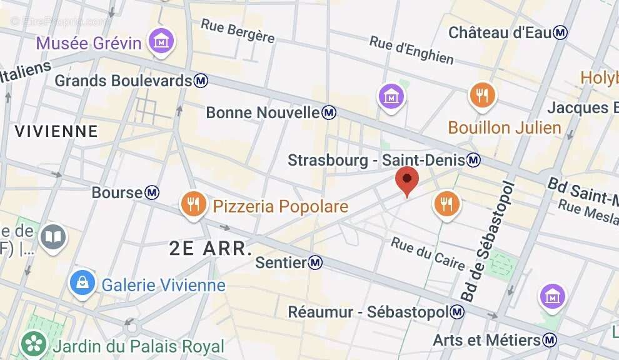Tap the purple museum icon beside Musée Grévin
tap(161, 42)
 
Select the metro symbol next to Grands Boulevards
tap(201, 81)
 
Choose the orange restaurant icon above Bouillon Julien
tap(482, 96)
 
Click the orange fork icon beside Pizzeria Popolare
tap(194, 204)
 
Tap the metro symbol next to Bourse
tap(152, 192)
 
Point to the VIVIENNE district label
tap(56, 131)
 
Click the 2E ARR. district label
tap(211, 248)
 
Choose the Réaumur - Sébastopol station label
tap(369, 311)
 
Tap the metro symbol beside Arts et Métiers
tap(550, 340)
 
